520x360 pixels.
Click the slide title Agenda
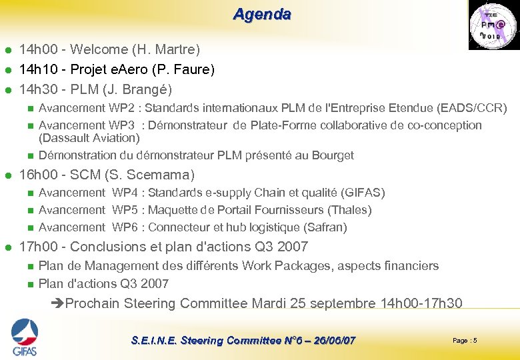pyautogui.click(x=262, y=14)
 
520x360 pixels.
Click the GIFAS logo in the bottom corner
pyautogui.click(x=24, y=337)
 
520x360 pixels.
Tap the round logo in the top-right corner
pyautogui.click(x=492, y=25)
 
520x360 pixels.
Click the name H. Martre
pyautogui.click(x=165, y=49)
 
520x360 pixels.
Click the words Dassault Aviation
pyautogui.click(x=89, y=138)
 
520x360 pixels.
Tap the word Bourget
pyautogui.click(x=332, y=155)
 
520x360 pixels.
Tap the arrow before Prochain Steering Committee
pyautogui.click(x=57, y=304)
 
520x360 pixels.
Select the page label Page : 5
pyautogui.click(x=465, y=341)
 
